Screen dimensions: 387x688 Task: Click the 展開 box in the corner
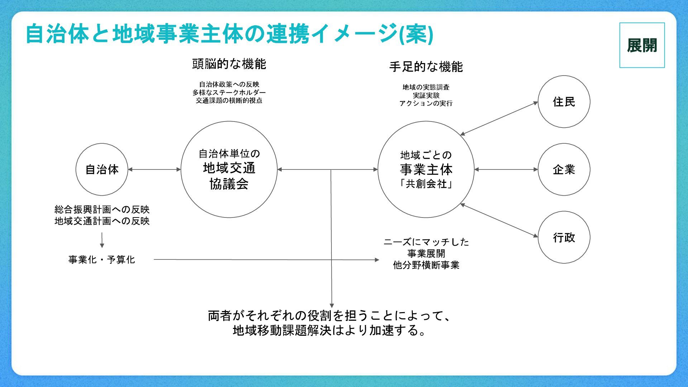click(x=642, y=45)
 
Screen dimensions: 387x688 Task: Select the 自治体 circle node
click(x=102, y=169)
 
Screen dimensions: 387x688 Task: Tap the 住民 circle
click(x=564, y=102)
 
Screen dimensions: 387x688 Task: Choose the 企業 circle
click(x=564, y=169)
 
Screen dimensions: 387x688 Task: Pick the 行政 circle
click(x=564, y=237)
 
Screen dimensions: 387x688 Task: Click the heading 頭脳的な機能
click(x=229, y=64)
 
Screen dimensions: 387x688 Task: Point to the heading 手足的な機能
click(x=426, y=67)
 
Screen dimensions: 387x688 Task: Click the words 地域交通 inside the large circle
click(x=229, y=168)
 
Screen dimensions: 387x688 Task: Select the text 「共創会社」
click(x=426, y=184)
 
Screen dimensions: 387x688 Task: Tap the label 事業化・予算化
click(x=102, y=259)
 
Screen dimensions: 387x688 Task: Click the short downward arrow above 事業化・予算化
click(x=102, y=240)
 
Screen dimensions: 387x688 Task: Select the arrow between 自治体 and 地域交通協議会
click(x=154, y=169)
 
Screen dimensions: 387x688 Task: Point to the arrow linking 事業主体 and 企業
click(x=506, y=169)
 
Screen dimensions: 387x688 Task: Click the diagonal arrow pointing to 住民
click(x=499, y=119)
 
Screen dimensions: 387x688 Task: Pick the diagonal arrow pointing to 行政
click(x=499, y=220)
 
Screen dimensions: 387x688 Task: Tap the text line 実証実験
click(x=426, y=95)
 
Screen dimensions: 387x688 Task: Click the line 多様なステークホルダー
click(x=229, y=92)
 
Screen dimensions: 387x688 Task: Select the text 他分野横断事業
click(x=426, y=265)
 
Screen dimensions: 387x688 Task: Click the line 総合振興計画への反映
click(x=102, y=209)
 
